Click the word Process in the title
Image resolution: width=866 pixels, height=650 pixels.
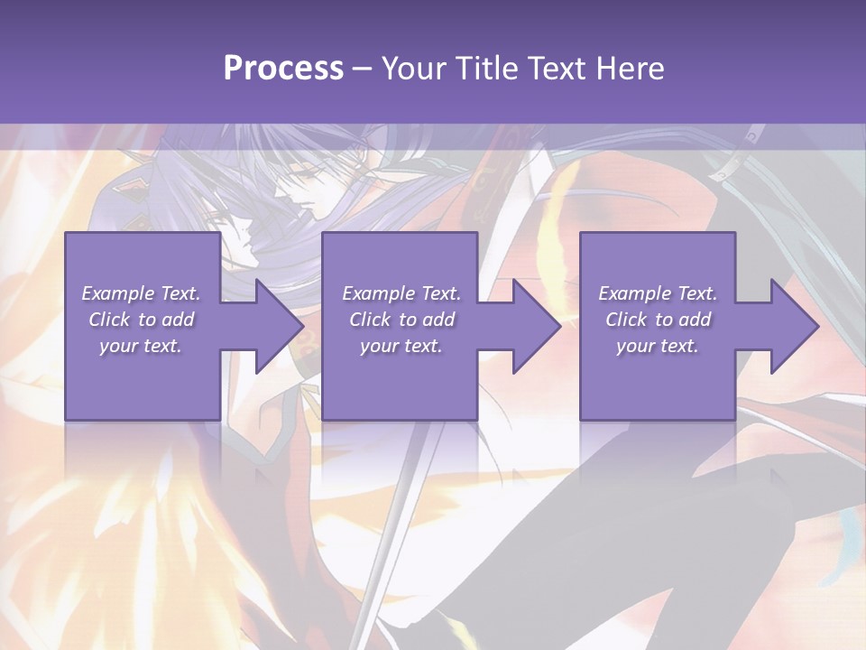283,69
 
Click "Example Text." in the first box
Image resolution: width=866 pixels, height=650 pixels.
141,293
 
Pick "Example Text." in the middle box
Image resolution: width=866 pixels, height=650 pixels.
401,293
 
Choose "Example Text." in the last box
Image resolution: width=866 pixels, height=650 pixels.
658,293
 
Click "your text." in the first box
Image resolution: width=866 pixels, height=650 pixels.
141,346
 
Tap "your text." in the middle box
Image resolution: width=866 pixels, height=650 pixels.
401,346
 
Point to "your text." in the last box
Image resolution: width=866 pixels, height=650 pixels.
658,346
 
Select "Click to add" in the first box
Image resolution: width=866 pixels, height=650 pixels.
141,320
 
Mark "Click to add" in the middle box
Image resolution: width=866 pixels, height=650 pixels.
401,320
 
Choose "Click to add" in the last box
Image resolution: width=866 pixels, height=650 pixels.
658,320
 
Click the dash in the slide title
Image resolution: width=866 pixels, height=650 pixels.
363,69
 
